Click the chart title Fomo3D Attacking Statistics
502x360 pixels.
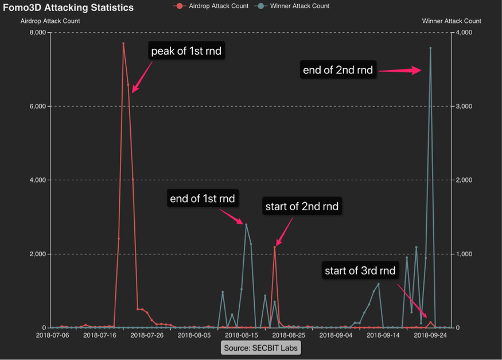(x=68, y=7)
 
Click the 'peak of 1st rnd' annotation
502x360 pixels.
(x=186, y=52)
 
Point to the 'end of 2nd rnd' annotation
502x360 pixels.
(x=338, y=71)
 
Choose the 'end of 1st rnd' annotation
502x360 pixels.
(x=203, y=199)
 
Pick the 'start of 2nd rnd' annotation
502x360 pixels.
(x=302, y=207)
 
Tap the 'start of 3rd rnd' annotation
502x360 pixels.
(x=360, y=270)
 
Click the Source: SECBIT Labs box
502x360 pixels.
(x=261, y=348)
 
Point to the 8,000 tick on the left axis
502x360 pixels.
(x=36, y=33)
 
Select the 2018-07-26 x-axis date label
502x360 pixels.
(x=147, y=335)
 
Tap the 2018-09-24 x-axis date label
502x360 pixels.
(x=431, y=335)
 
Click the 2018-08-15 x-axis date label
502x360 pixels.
(x=242, y=335)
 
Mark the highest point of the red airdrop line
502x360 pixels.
(x=123, y=44)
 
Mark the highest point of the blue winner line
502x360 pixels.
(x=430, y=48)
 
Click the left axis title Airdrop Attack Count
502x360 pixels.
(x=50, y=21)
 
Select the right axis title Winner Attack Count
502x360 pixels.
(x=452, y=21)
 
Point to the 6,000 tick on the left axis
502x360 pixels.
(x=36, y=106)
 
